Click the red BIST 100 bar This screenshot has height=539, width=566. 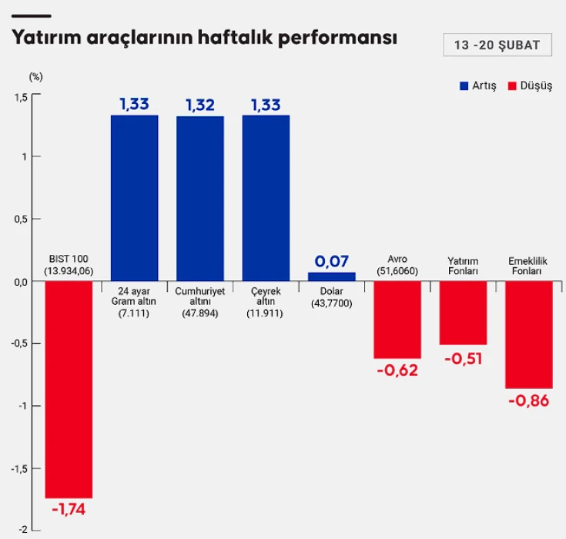pos(69,389)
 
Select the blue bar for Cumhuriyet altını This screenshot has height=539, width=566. pos(200,198)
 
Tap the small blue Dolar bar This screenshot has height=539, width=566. pos(332,276)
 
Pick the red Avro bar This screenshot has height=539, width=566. pos(397,320)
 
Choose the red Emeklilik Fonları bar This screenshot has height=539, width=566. pos(529,334)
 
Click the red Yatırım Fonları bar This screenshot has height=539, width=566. pos(464,313)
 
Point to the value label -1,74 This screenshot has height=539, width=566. pos(69,510)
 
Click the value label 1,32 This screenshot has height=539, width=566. pos(200,105)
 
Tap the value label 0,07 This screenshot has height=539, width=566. pos(332,262)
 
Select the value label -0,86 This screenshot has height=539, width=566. pos(529,400)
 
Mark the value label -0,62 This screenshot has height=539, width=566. pos(397,370)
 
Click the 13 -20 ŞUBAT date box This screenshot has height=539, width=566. pos(497,45)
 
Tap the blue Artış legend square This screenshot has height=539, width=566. pos(464,86)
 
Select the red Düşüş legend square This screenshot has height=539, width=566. pos(513,86)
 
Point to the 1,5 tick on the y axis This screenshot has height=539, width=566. pos(21,96)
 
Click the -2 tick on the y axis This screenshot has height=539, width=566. pos(23,530)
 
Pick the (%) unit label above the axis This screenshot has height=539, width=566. pos(36,76)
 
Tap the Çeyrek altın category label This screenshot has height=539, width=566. pos(266,302)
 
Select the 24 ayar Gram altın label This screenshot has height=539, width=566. pos(134,302)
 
